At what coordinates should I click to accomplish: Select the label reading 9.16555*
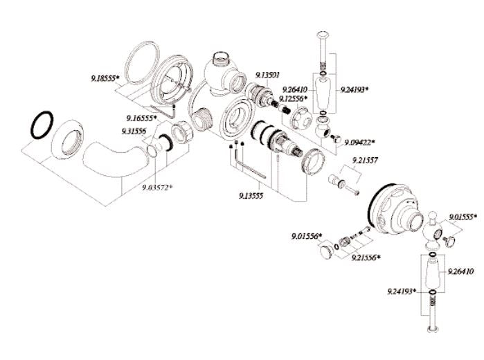pos(142,118)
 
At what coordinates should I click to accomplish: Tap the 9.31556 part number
pos(134,131)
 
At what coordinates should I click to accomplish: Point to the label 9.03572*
pos(157,187)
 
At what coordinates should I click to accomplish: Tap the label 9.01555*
pos(463,217)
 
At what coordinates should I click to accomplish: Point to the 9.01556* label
pos(305,236)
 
